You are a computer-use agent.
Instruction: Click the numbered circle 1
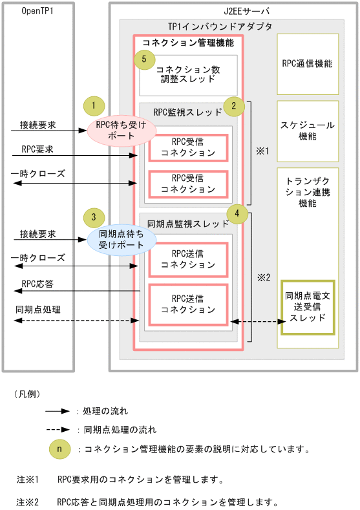pos(94,105)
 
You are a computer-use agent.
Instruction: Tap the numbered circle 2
pos(233,105)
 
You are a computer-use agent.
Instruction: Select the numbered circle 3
pos(94,217)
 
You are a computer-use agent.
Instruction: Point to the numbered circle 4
pos(237,213)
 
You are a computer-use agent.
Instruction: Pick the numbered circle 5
pos(145,59)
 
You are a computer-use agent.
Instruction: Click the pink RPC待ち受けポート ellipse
pos(122,130)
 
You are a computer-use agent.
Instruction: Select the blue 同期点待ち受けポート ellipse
pos(122,240)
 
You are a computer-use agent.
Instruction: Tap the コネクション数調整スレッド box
pos(189,74)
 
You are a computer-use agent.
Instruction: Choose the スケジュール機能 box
pos(307,131)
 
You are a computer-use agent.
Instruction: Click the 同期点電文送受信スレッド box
pos(308,307)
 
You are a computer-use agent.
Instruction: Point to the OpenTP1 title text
pos(37,12)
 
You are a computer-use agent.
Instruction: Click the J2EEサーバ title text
pos(234,12)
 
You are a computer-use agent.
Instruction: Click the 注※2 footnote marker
pos(28,501)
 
